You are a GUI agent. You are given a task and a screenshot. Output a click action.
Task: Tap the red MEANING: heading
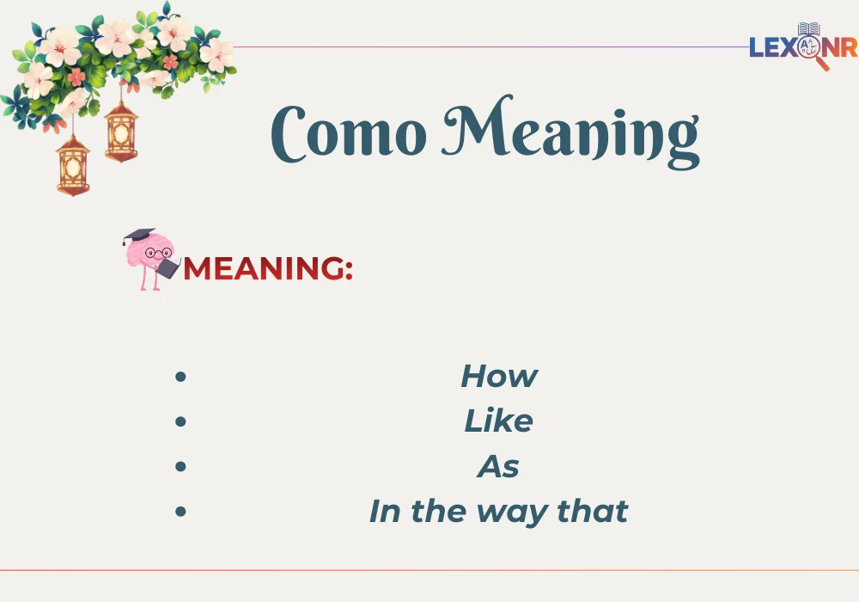[x=268, y=269]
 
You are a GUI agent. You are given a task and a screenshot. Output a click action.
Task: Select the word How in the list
[x=499, y=376]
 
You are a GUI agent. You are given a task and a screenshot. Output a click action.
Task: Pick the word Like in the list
[x=499, y=421]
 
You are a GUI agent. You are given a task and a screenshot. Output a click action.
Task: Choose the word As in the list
[x=499, y=467]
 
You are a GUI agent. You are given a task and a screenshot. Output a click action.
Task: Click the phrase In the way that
[x=499, y=512]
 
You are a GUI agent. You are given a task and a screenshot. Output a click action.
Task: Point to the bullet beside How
[x=180, y=377]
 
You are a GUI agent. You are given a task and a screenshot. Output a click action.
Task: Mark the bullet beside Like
[x=180, y=421]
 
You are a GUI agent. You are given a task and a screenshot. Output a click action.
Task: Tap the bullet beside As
[x=180, y=466]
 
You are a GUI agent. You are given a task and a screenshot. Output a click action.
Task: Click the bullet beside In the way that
[x=180, y=511]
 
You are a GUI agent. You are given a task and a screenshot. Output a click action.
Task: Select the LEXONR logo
[x=802, y=46]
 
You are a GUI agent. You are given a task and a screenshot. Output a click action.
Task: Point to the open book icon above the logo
[x=808, y=29]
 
